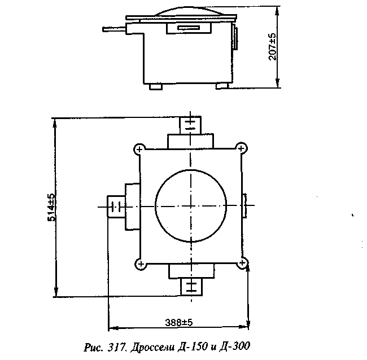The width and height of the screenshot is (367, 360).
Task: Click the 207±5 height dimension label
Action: click(272, 47)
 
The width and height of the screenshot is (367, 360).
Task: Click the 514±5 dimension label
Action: click(52, 207)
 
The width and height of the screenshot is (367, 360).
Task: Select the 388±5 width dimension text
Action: click(179, 323)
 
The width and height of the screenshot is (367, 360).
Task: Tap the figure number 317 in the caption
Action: click(116, 346)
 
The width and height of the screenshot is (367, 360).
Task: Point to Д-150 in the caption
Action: click(193, 346)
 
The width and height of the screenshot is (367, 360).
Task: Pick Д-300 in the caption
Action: click(234, 346)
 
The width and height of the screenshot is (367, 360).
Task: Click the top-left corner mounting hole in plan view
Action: click(139, 149)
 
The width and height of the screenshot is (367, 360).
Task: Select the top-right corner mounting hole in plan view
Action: click(241, 148)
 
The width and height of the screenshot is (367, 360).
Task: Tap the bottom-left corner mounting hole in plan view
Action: click(141, 264)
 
